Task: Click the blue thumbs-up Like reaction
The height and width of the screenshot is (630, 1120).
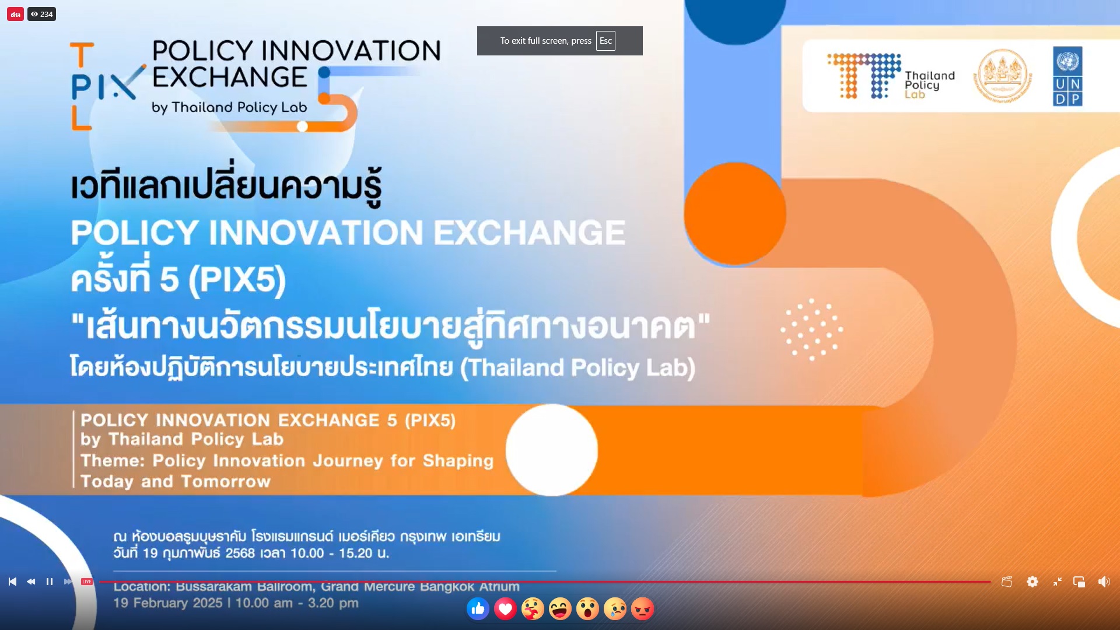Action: coord(478,609)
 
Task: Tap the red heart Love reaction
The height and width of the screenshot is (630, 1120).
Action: coord(505,609)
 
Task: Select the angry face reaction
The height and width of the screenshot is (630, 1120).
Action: coord(642,609)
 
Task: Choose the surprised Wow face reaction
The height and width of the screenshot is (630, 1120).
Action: coord(587,609)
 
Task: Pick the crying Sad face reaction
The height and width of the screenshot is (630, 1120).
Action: coord(615,609)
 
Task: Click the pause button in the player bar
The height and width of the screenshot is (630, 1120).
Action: coord(50,582)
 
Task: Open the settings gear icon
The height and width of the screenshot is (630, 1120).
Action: coord(1032,582)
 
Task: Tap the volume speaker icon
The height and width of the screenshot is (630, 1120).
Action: coord(1104,582)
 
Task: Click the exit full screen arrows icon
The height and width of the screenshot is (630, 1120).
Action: coord(1057,582)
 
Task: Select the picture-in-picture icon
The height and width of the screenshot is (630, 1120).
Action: coord(1079,582)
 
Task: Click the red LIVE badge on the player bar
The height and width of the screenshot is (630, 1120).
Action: coord(87,582)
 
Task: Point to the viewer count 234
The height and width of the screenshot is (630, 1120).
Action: coord(42,14)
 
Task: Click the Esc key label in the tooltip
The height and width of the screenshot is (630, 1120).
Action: coord(605,41)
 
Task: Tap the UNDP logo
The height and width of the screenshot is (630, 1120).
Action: coord(1067,76)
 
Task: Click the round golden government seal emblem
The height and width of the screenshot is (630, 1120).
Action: coord(1002,76)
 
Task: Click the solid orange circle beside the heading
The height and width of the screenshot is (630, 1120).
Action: coord(735,213)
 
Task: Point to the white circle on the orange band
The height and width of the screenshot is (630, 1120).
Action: coord(552,450)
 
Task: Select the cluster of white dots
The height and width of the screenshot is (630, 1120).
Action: coord(811,330)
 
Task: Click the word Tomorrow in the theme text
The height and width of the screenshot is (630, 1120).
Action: coord(226,482)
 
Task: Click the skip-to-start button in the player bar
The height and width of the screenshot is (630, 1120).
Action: coord(12,582)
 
